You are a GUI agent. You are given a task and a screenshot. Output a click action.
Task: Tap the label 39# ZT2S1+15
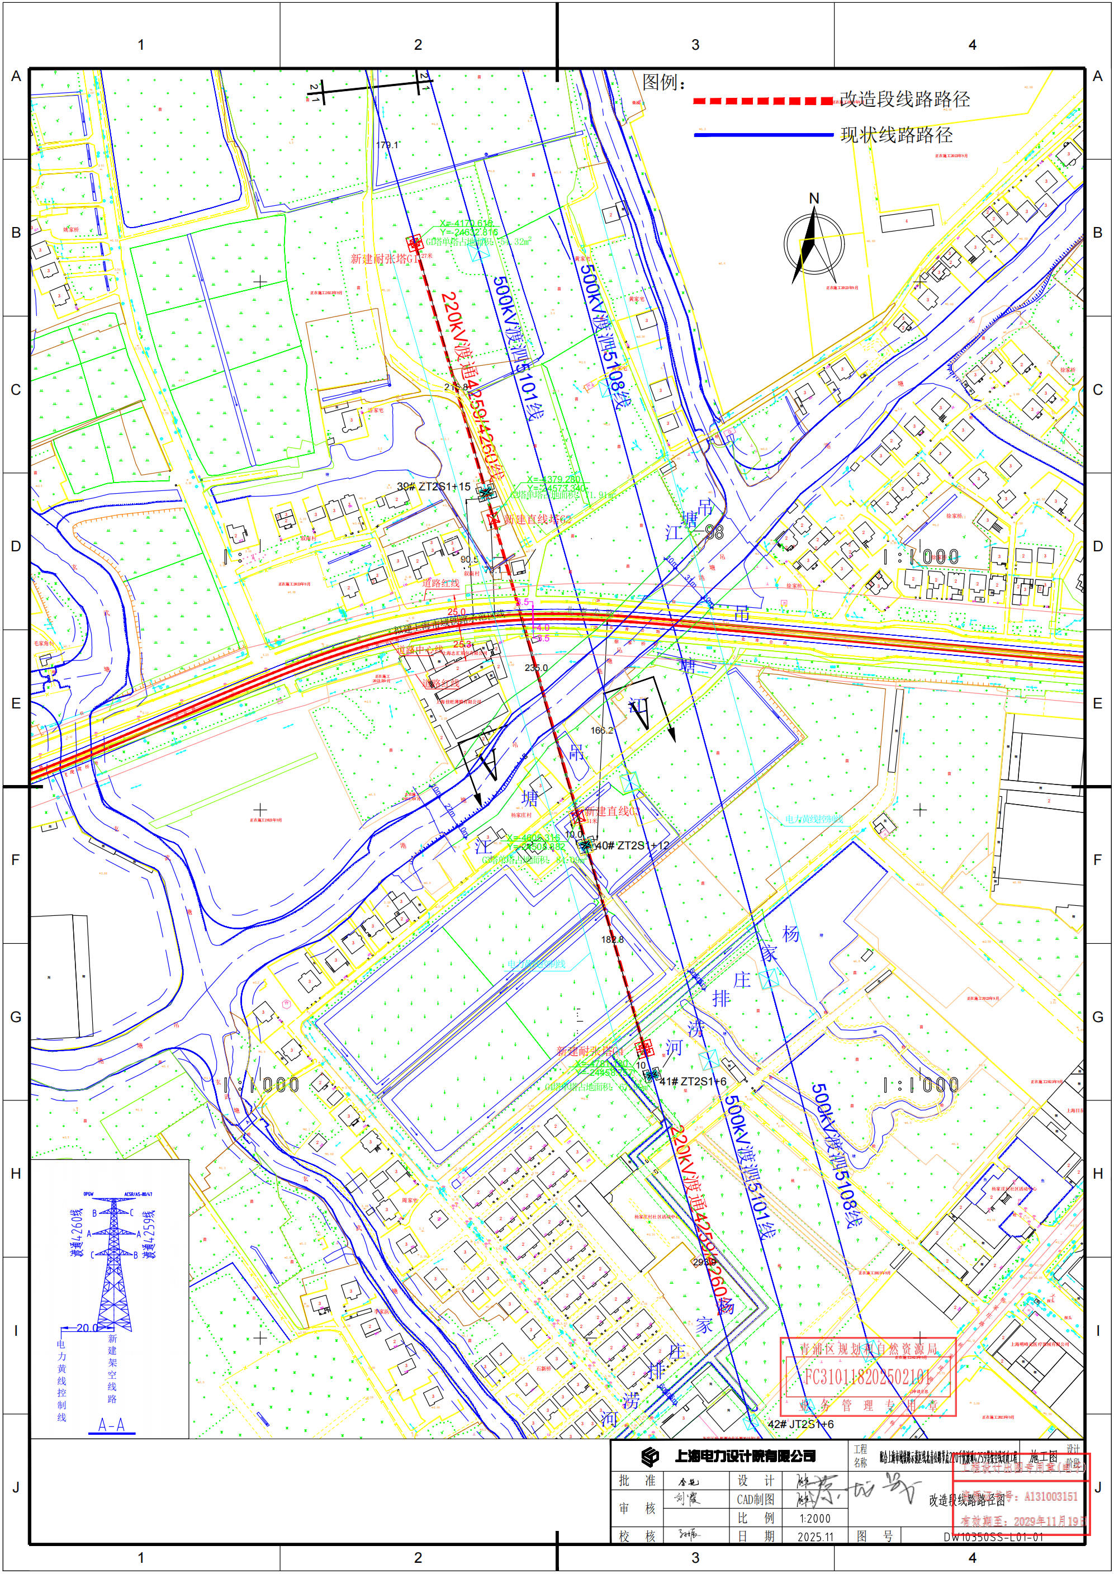pos(434,486)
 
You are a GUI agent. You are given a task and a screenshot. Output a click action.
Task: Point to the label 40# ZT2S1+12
pos(632,845)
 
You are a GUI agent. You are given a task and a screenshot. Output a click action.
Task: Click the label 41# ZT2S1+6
pos(693,1081)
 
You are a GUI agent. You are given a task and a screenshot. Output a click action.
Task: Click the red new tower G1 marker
pos(414,242)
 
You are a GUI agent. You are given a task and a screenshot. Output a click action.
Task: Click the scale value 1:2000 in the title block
pos(814,1519)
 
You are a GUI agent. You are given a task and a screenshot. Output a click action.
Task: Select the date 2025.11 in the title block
pos(815,1537)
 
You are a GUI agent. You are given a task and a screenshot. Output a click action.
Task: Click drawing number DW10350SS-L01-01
pos(993,1537)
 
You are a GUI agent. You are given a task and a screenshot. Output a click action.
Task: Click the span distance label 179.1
pos(387,145)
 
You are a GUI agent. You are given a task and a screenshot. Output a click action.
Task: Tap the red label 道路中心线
pos(420,649)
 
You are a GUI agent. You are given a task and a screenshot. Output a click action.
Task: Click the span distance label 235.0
pos(535,668)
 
